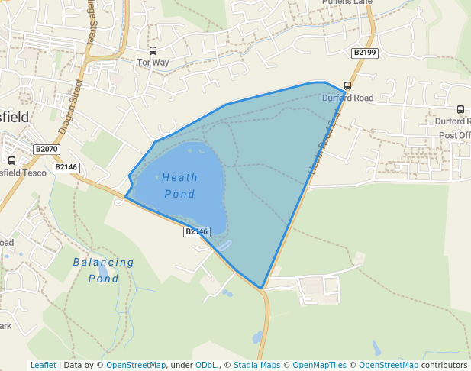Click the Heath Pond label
point(180,185)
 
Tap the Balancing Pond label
point(104,270)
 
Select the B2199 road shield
point(364,52)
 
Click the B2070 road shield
point(47,149)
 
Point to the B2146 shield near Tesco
point(66,166)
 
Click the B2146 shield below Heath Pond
point(196,231)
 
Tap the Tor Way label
point(153,63)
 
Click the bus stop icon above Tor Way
point(153,51)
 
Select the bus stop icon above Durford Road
point(348,86)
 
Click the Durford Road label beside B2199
point(347,98)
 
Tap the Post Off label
point(454,136)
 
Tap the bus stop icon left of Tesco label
point(11,161)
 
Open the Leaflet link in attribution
point(43,365)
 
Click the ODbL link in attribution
point(206,365)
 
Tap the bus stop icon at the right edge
point(460,110)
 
